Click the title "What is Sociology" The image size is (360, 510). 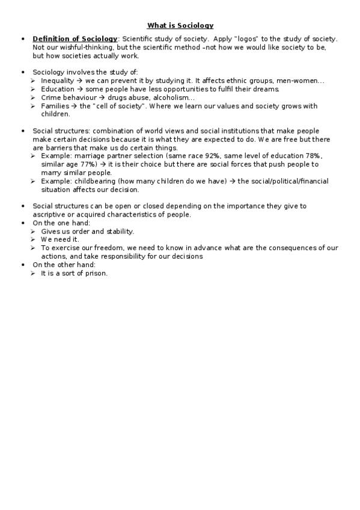point(180,25)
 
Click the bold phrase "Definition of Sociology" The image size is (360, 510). point(75,38)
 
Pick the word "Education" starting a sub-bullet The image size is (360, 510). point(58,89)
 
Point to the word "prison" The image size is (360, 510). point(96,273)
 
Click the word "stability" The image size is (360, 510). point(120,231)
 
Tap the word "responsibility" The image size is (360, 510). point(136,256)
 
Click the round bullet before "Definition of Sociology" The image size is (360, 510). point(23,39)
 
